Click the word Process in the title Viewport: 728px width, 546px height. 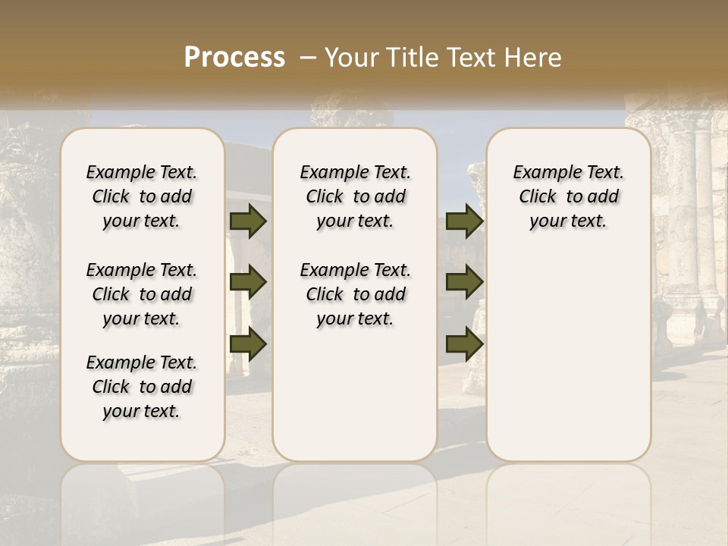coord(234,58)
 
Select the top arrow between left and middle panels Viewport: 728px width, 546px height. coord(248,221)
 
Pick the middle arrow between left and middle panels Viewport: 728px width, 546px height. coord(248,283)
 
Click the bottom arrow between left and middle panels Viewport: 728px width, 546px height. coord(248,344)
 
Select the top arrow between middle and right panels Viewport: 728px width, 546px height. coord(464,221)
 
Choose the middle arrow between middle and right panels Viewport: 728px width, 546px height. coord(464,283)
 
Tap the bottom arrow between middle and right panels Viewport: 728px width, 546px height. coord(464,344)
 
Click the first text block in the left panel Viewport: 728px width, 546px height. coord(142,196)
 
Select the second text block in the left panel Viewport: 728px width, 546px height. coord(142,294)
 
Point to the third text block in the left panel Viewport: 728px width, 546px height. coord(142,387)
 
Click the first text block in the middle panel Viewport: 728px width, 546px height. coord(355,196)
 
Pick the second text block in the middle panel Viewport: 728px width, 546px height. coord(355,294)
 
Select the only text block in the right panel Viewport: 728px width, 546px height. coord(569,196)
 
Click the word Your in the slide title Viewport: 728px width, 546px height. coord(352,58)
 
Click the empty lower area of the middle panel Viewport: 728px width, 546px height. coord(355,394)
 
